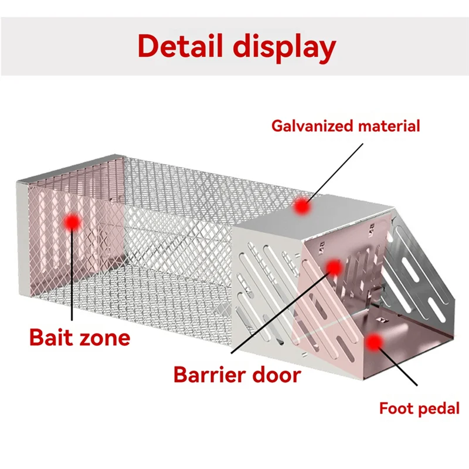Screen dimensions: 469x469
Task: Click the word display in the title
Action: [x=286, y=47]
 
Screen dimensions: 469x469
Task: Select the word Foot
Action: [x=396, y=408]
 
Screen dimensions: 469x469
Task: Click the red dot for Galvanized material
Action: [x=302, y=206]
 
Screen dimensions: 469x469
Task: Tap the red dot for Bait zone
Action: [x=72, y=221]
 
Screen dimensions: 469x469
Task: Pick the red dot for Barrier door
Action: [x=334, y=268]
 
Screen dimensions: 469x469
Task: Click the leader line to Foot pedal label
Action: [x=399, y=366]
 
